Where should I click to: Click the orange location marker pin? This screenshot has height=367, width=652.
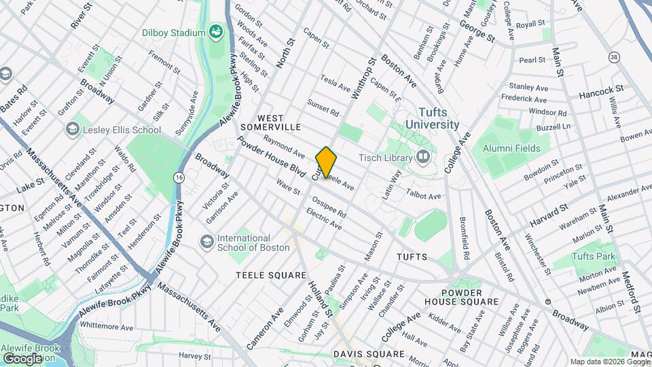pos(327,162)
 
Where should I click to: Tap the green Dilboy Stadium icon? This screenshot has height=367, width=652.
pos(216,32)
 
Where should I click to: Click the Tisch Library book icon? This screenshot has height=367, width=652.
pos(424,158)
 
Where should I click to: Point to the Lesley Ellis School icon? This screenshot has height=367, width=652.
pos(72,129)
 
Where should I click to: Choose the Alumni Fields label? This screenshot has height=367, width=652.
pos(511,148)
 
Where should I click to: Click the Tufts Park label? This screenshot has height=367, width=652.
pos(594,256)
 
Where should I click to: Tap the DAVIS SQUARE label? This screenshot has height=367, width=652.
pos(369,354)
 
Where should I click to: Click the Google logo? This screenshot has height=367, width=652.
pos(22,358)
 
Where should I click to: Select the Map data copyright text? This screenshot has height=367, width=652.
pos(609,362)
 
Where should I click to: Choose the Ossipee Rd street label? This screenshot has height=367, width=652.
pos(329,207)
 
